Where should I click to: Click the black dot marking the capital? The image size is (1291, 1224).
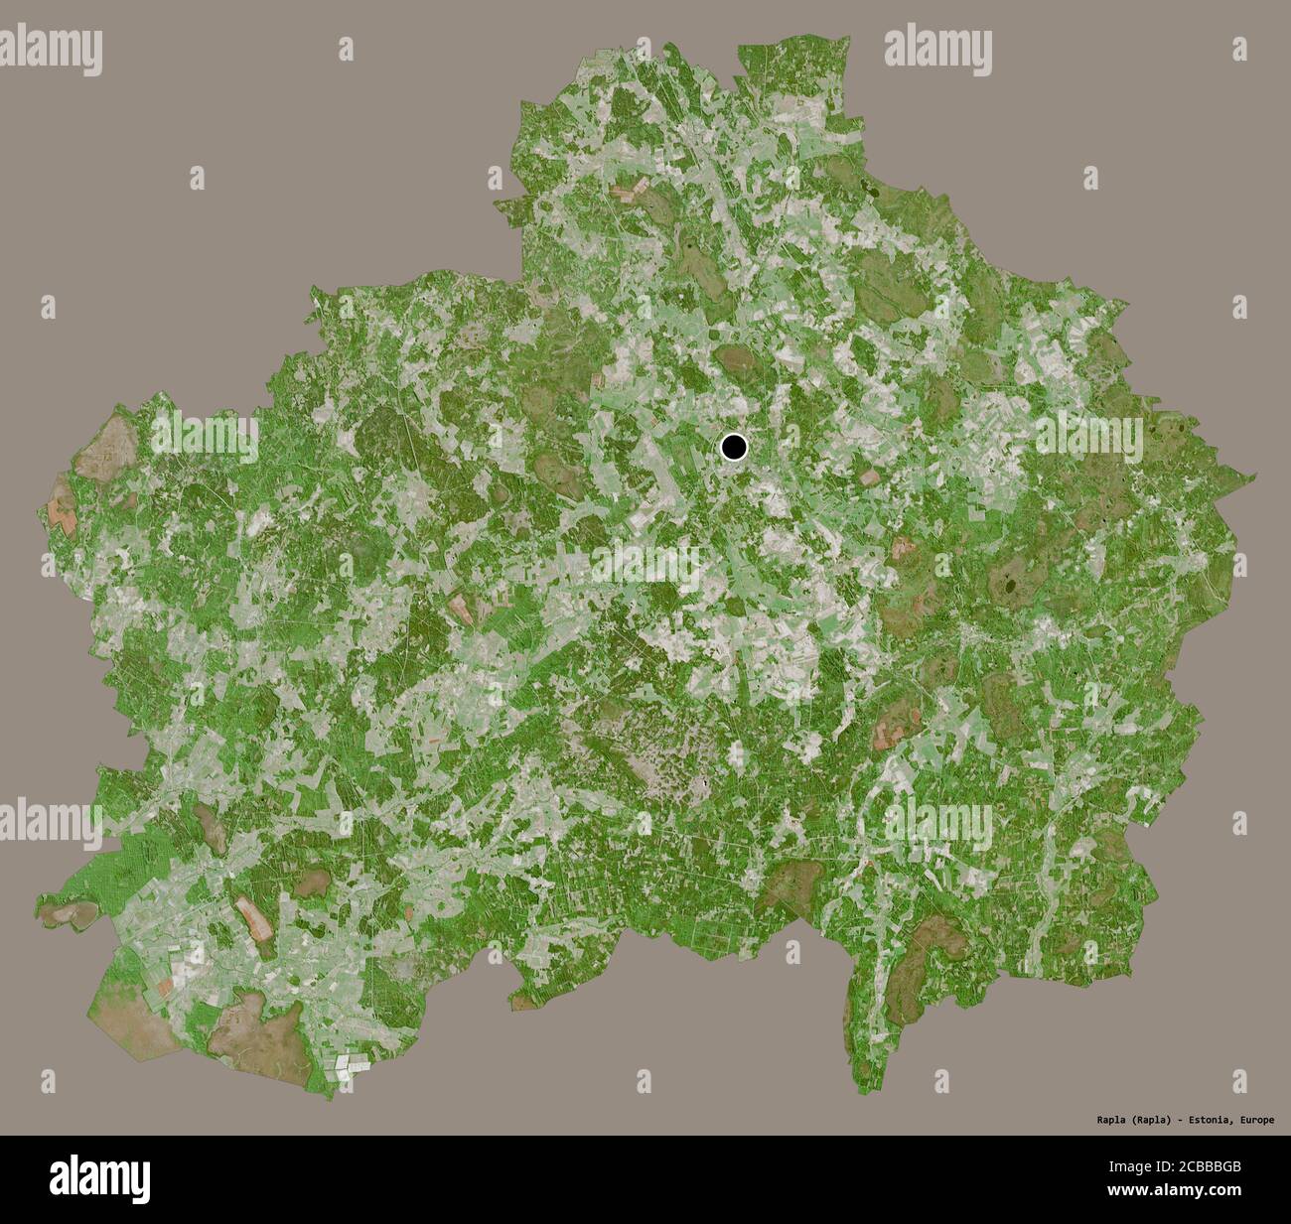734,448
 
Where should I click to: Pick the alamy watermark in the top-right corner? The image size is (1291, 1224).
938,47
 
